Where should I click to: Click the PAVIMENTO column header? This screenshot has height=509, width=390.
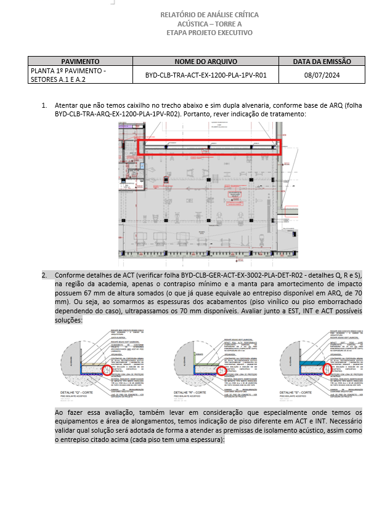(80, 62)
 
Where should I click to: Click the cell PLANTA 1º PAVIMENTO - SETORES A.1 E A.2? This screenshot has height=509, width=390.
(68, 75)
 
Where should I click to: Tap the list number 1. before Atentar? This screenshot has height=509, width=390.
(44, 106)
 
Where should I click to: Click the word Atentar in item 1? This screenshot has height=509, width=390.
(66, 106)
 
